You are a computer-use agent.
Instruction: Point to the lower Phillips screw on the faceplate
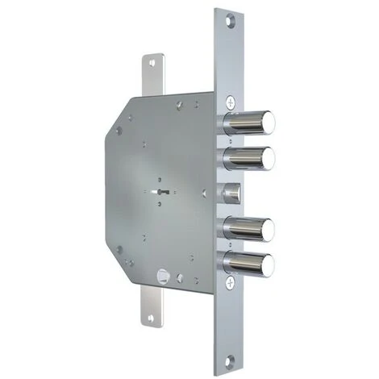(232, 282)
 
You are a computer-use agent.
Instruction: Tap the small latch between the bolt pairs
(234, 194)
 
